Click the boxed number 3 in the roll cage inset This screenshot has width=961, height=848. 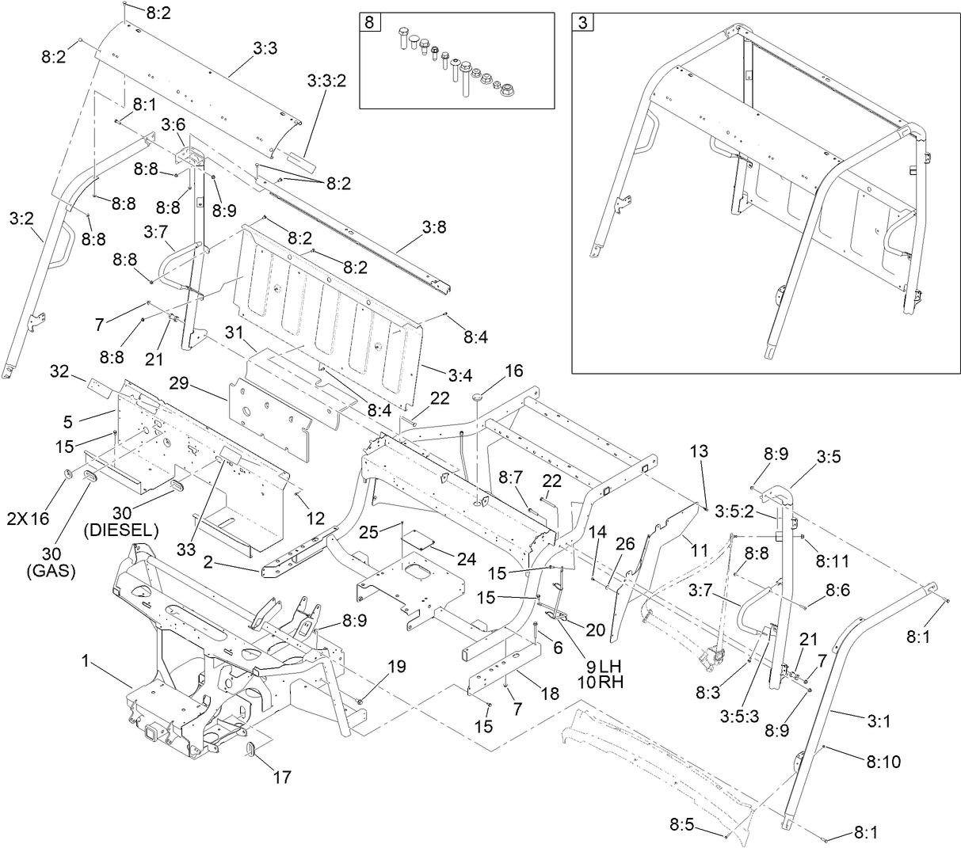coord(582,22)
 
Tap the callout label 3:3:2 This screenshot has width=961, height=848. coord(326,81)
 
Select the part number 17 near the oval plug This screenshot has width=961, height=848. coord(282,778)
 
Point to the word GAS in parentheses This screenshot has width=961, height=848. coord(50,570)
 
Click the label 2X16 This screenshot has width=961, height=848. coord(29,519)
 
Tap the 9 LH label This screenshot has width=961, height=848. coord(599,664)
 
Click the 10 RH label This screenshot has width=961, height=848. coord(599,680)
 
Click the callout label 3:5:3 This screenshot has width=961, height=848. coord(738,715)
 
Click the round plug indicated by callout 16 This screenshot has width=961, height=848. coord(478,394)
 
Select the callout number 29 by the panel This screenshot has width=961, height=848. coord(179,382)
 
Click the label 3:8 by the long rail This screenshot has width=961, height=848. coord(433,228)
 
